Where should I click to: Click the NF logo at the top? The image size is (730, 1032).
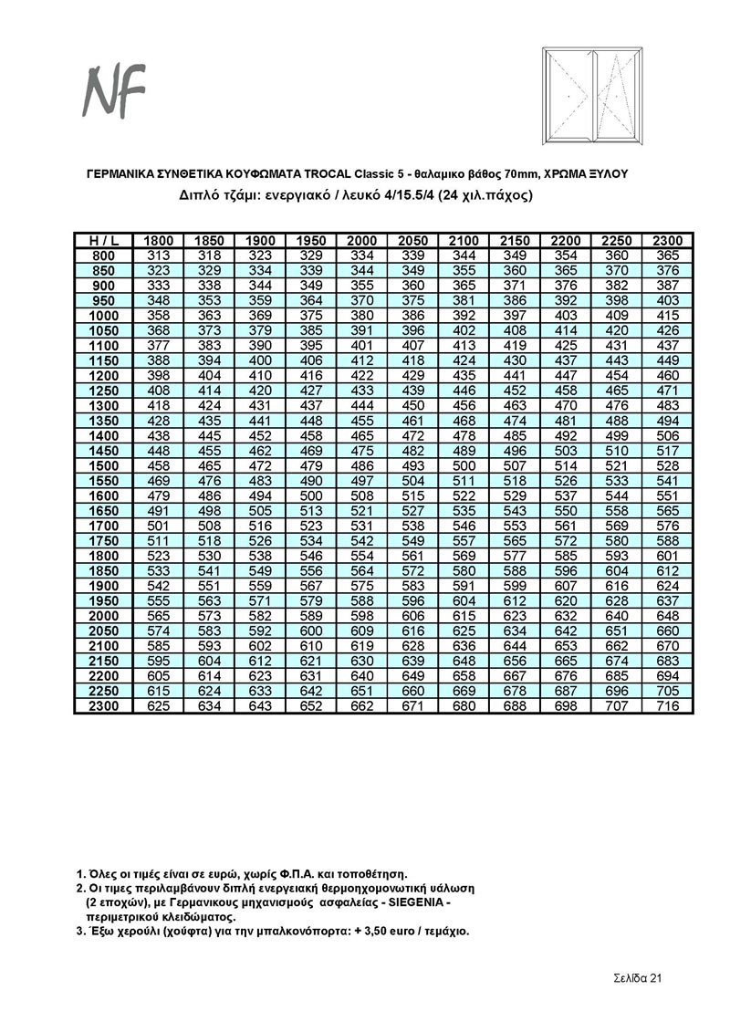pyautogui.click(x=116, y=90)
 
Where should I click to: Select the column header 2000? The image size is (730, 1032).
pyautogui.click(x=362, y=240)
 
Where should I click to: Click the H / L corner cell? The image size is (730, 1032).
pyautogui.click(x=103, y=240)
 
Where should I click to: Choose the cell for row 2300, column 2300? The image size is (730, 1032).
pyautogui.click(x=668, y=706)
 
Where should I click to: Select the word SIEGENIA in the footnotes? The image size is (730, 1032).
pyautogui.click(x=415, y=901)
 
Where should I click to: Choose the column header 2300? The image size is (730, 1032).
pyautogui.click(x=668, y=240)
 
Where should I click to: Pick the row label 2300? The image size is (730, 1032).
pyautogui.click(x=103, y=706)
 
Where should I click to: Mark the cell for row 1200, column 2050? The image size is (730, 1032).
pyautogui.click(x=413, y=376)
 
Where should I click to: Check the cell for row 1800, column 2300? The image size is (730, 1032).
pyautogui.click(x=668, y=556)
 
